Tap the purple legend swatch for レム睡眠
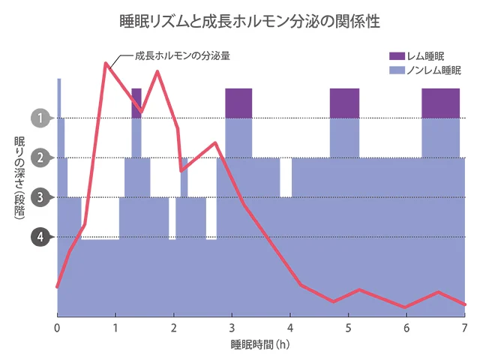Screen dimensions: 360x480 click(397, 57)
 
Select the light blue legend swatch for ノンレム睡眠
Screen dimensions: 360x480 click(397, 70)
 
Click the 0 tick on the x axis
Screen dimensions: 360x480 click(57, 328)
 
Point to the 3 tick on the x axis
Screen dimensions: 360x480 click(232, 328)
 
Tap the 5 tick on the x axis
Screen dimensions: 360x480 click(348, 328)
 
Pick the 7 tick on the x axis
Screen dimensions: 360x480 click(464, 328)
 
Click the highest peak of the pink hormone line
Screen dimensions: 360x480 click(105, 63)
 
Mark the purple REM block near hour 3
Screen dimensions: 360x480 click(238, 103)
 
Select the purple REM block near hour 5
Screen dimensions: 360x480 click(344, 103)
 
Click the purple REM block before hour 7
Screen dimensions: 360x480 click(440, 103)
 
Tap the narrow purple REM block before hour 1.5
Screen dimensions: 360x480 click(136, 97)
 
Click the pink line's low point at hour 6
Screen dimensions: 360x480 click(406, 307)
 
